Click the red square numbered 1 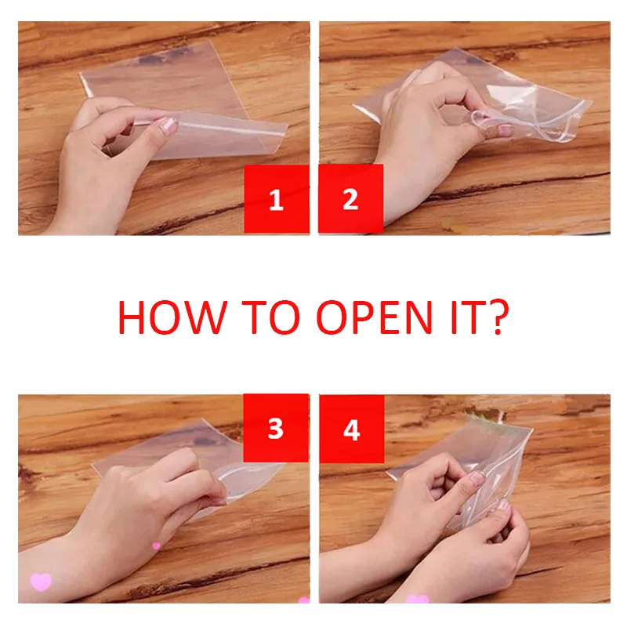click(276, 199)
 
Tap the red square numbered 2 click(350, 199)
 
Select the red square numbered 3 click(276, 428)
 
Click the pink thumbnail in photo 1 click(168, 125)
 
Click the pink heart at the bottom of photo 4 click(418, 600)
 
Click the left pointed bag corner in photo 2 click(357, 107)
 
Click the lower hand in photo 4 click(486, 556)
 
